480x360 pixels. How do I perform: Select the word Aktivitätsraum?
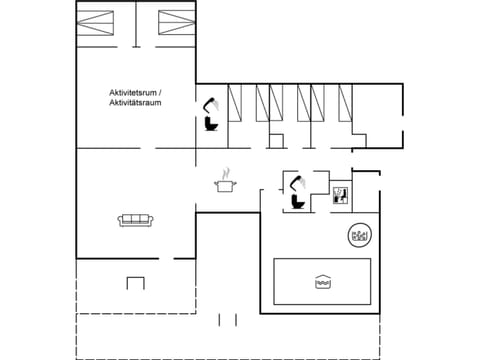(x=137, y=103)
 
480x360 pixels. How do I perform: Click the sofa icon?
(x=134, y=220)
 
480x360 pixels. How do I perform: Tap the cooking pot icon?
(x=225, y=185)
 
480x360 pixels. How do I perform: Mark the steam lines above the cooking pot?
(x=226, y=171)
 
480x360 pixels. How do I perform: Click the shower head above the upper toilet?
(x=211, y=103)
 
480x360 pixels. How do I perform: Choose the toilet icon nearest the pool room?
(x=296, y=199)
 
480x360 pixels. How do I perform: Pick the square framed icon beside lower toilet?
(x=340, y=194)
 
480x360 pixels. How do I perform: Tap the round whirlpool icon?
(x=357, y=236)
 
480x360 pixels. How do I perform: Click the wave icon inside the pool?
(x=322, y=280)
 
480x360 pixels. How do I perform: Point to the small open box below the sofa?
(x=135, y=283)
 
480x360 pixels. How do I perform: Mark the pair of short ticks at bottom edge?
(x=229, y=319)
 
